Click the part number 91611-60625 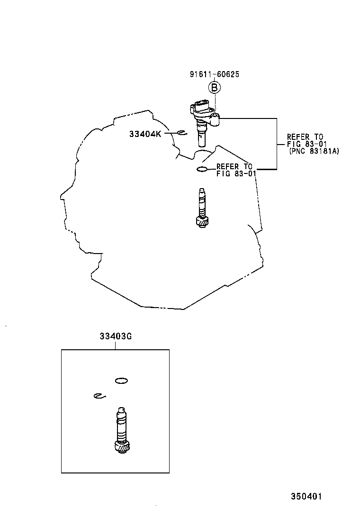point(214,74)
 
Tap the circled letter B point(214,88)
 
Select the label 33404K point(145,134)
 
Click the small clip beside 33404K point(180,133)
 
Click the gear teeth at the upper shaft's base point(203,220)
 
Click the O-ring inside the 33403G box point(122,380)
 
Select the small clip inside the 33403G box point(99,396)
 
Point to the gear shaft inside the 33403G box point(122,429)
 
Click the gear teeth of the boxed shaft point(122,446)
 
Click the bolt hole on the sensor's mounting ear point(215,116)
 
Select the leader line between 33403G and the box point(115,345)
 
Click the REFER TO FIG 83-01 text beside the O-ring point(236,170)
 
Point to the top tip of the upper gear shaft point(202,191)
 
